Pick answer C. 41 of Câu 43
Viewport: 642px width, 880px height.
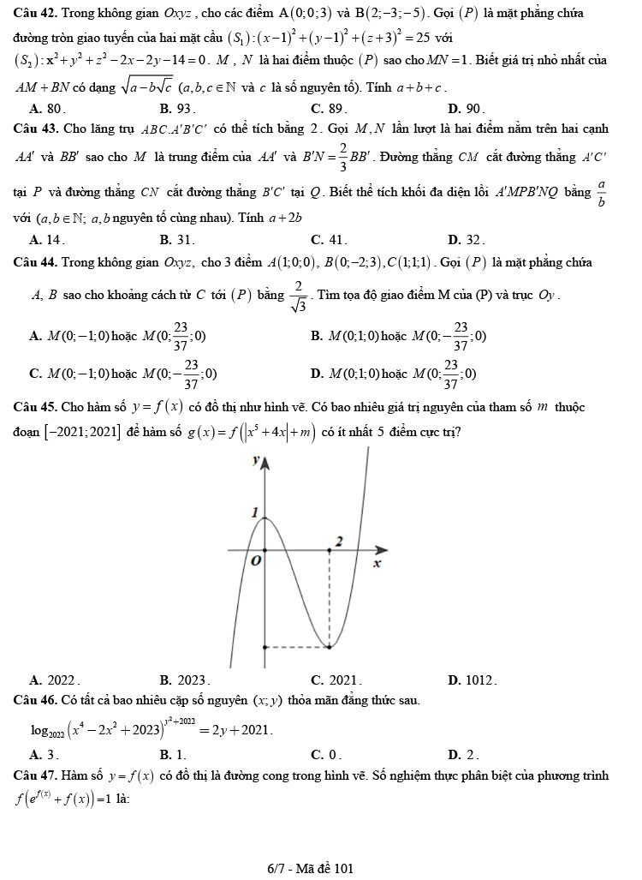[x=328, y=241]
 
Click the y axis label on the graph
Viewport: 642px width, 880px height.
[x=253, y=459]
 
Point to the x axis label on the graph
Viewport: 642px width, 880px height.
[x=374, y=565]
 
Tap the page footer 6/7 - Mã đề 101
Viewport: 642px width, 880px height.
[x=309, y=868]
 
